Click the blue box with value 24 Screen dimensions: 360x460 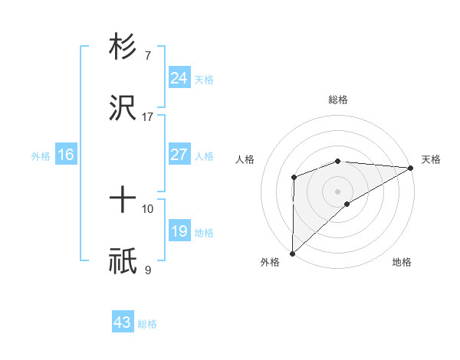(x=179, y=77)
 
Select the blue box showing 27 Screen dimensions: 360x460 (x=179, y=155)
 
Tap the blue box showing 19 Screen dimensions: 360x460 (x=179, y=231)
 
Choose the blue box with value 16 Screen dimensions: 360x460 (x=65, y=155)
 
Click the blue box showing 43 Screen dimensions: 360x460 (x=123, y=322)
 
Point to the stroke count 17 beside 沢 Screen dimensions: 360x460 (x=148, y=117)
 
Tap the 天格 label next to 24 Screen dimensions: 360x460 (x=204, y=79)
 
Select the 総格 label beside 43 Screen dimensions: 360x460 (x=147, y=324)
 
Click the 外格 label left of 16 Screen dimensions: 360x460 (x=40, y=156)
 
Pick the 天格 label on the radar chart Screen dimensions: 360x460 (x=431, y=159)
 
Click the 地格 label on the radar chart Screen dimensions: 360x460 (x=402, y=262)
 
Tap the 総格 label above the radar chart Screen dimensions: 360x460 (x=337, y=100)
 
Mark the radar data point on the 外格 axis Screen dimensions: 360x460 (x=292, y=253)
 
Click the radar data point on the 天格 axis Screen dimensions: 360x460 (x=410, y=167)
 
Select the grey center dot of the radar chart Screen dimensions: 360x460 (x=337, y=191)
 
